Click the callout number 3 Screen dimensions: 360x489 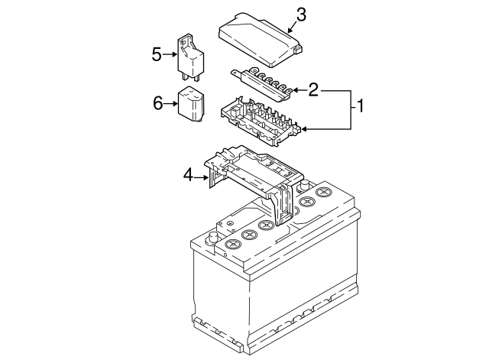click(x=300, y=15)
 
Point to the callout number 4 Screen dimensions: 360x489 click(x=188, y=175)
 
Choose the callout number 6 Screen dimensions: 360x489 click(x=158, y=102)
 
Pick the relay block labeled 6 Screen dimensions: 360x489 click(x=192, y=105)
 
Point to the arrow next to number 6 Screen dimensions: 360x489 click(x=172, y=102)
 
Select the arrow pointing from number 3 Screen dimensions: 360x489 click(x=291, y=28)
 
